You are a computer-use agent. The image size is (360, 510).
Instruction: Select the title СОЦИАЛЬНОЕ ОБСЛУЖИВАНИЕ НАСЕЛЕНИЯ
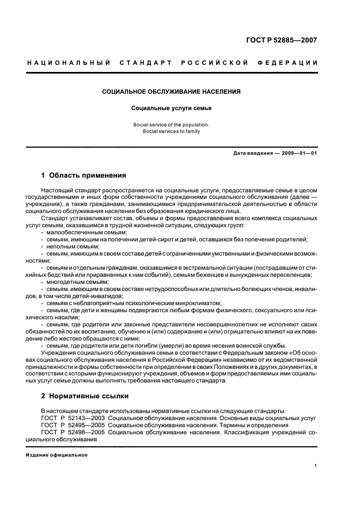click(172, 92)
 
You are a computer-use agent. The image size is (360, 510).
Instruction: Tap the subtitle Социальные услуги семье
click(172, 108)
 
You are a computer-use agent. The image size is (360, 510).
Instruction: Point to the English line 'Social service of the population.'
click(172, 125)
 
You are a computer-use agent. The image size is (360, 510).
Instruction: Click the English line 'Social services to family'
click(172, 131)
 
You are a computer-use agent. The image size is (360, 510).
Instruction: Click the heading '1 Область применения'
click(84, 175)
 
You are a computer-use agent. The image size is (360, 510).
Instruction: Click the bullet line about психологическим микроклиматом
click(134, 303)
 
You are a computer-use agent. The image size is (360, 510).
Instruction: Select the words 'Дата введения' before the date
click(253, 153)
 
